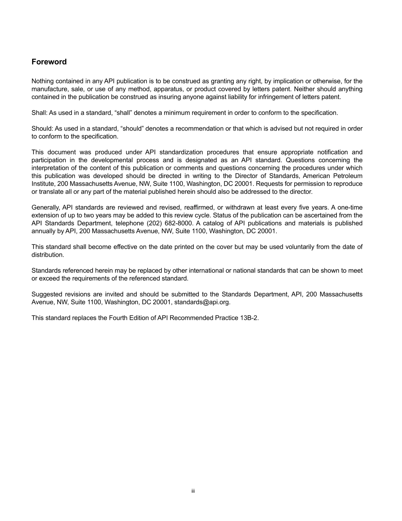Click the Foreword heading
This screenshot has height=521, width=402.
click(49, 62)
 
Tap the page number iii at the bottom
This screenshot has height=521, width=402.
click(193, 491)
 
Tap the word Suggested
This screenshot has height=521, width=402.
click(46, 294)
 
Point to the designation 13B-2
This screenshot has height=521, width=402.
click(248, 318)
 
